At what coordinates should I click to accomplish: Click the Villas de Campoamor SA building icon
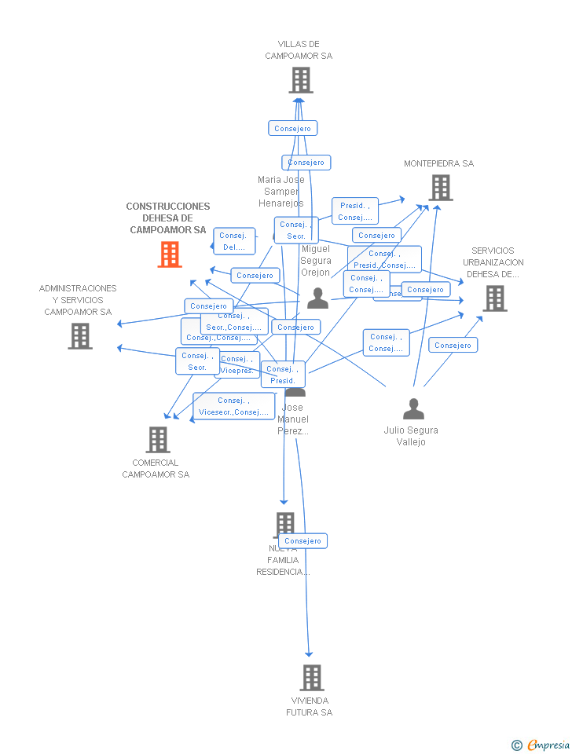[300, 80]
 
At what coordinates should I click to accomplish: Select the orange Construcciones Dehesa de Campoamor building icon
[170, 254]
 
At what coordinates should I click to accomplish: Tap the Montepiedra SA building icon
[441, 188]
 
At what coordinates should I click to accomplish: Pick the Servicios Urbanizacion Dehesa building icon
[494, 298]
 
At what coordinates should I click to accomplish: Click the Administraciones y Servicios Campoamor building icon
[79, 336]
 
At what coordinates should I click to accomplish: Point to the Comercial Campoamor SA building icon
[158, 440]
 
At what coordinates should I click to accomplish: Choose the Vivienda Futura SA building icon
[312, 677]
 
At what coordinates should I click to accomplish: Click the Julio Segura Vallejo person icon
[413, 409]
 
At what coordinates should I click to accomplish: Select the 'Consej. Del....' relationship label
[234, 241]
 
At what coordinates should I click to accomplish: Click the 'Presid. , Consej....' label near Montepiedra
[355, 211]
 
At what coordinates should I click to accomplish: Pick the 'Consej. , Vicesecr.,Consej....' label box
[233, 406]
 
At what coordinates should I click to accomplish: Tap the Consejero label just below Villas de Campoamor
[292, 128]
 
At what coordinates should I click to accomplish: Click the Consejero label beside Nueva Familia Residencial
[302, 541]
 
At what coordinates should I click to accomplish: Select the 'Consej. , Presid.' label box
[283, 375]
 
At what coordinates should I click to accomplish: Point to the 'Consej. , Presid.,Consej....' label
[384, 259]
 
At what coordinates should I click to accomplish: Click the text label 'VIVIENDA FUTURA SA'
[310, 706]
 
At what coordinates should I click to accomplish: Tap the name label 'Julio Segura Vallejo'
[411, 436]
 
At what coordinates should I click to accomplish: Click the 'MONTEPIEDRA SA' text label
[438, 163]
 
